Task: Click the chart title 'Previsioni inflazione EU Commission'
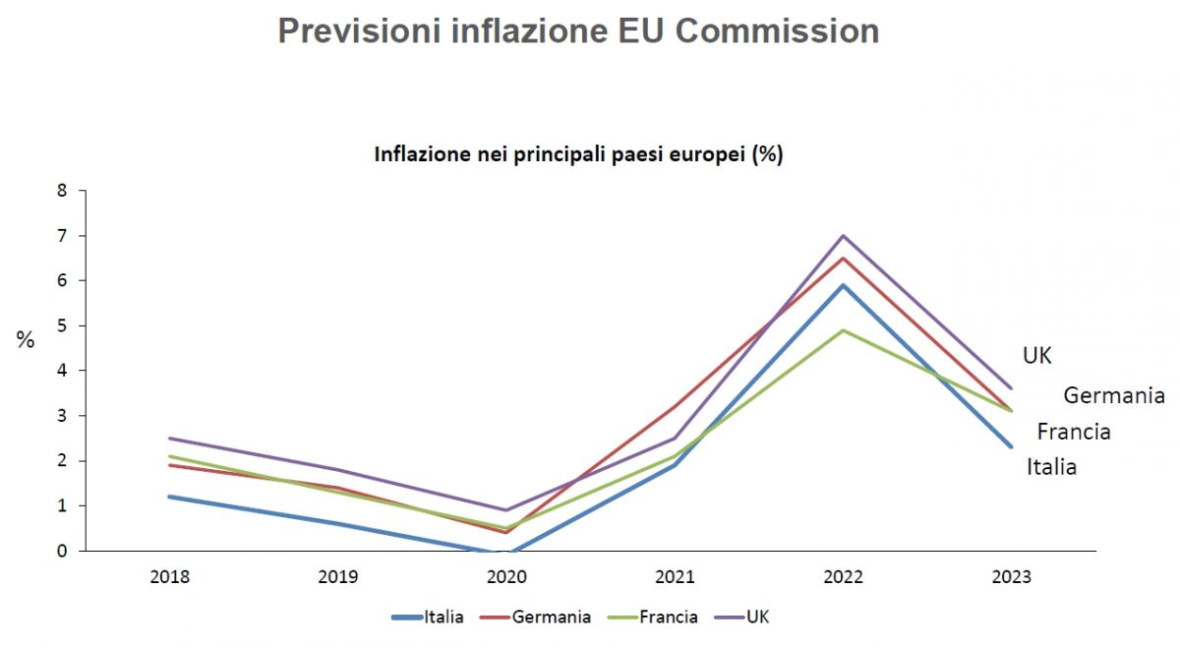pyautogui.click(x=578, y=30)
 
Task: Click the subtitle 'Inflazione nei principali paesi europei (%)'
pyautogui.click(x=578, y=154)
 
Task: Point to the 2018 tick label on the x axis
pyautogui.click(x=170, y=577)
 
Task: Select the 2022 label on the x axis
pyautogui.click(x=843, y=577)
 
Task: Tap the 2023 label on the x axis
pyautogui.click(x=1011, y=577)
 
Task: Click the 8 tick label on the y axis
pyautogui.click(x=61, y=191)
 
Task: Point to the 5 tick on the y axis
pyautogui.click(x=61, y=325)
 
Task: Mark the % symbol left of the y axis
pyautogui.click(x=26, y=340)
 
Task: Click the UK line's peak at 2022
pyautogui.click(x=843, y=236)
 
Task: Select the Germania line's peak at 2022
pyautogui.click(x=843, y=259)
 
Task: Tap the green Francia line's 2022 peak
pyautogui.click(x=843, y=330)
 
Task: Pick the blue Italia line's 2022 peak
pyautogui.click(x=843, y=285)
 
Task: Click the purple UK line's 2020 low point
pyautogui.click(x=506, y=510)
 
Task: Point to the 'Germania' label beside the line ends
pyautogui.click(x=1114, y=395)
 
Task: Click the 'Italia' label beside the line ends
pyautogui.click(x=1051, y=467)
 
